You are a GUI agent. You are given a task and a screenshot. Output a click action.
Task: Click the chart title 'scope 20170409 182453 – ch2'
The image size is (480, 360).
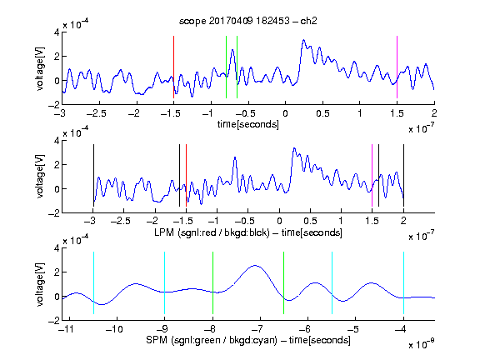coord(248,21)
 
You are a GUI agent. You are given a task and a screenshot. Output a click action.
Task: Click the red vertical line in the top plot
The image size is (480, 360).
coord(173,67)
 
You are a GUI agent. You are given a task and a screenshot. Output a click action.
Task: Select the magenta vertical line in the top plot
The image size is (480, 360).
coord(397,67)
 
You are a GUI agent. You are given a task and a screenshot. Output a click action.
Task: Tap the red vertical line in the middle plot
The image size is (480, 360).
coord(186,175)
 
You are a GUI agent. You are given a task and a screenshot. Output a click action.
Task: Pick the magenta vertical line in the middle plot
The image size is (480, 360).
coord(372,175)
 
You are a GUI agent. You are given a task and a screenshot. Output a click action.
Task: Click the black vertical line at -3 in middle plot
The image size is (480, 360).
coord(93,175)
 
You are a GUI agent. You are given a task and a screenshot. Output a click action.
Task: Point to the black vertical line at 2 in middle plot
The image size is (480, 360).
coord(403,175)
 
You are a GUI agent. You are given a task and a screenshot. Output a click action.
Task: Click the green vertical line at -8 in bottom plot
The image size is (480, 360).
coord(212,282)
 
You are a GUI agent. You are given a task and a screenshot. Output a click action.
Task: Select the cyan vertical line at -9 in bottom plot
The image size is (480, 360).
coord(164,282)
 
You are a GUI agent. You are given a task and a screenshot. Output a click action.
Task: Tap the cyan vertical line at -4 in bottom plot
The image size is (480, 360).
coord(403,282)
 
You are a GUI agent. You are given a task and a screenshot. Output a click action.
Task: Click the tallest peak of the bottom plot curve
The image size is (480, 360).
coord(255,266)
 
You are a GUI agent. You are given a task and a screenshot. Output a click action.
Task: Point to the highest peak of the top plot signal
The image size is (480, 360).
coord(303,40)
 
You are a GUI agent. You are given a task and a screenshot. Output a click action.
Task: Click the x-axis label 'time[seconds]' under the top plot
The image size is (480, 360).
coord(248,124)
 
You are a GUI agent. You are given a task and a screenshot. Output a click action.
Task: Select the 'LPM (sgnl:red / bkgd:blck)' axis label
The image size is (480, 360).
coord(212,232)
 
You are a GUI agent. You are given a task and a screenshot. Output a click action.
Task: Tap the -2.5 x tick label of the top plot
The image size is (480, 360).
coord(96,113)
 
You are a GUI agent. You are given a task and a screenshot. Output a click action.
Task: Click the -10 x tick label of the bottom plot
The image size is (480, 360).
coord(114,329)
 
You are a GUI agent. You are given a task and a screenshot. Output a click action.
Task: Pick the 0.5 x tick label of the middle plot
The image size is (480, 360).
coord(310,221)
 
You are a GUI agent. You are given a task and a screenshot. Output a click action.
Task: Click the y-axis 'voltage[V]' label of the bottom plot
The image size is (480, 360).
coord(40,284)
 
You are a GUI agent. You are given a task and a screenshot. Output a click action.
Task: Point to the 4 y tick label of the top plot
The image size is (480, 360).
coord(57,32)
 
